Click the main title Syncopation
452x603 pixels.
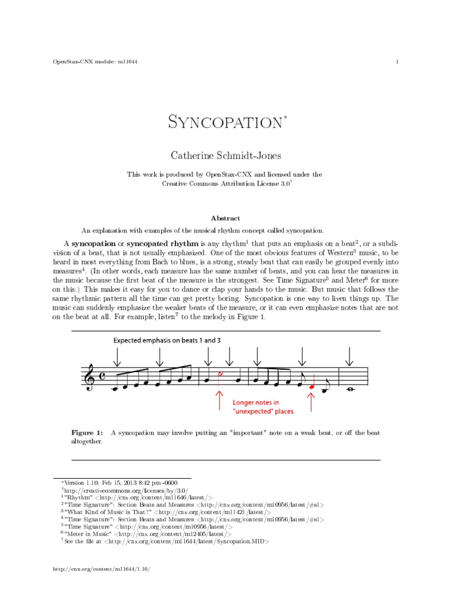coord(225,122)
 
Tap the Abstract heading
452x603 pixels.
coord(225,218)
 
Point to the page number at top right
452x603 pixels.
coord(398,62)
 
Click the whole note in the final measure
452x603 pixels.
coord(350,387)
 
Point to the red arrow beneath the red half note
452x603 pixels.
coord(220,400)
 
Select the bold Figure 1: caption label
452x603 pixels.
coord(87,433)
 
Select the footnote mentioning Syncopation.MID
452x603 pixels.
coord(167,540)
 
